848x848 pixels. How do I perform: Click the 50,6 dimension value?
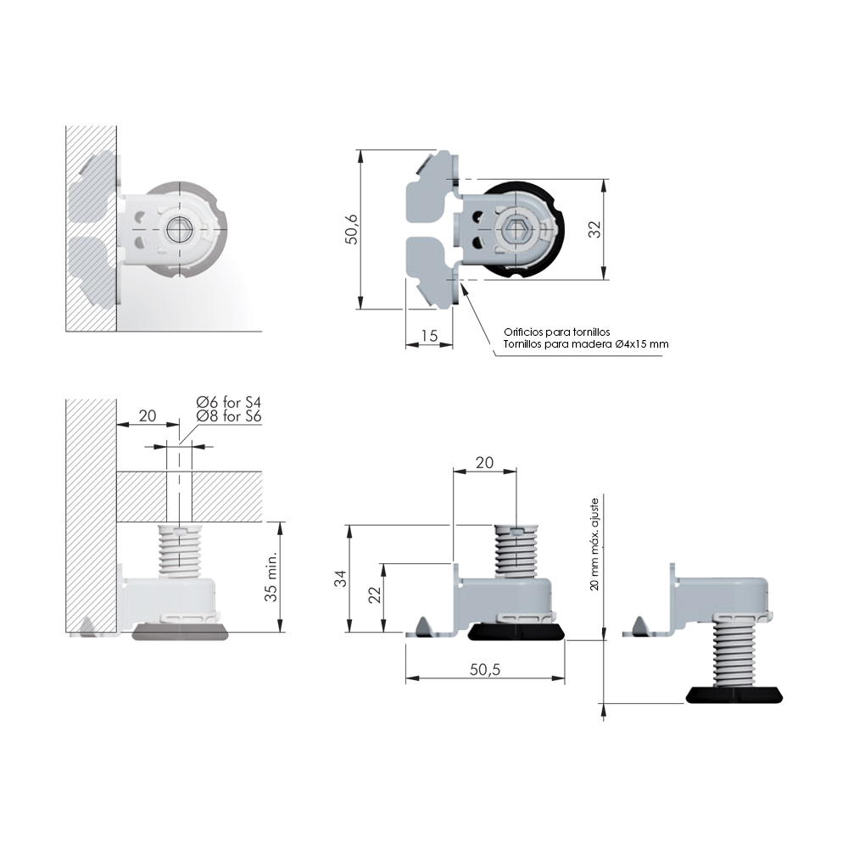pyautogui.click(x=352, y=229)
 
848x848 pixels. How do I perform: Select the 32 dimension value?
pyautogui.click(x=594, y=230)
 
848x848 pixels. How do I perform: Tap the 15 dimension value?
pyautogui.click(x=429, y=336)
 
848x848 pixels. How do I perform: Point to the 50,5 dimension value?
pyautogui.click(x=485, y=670)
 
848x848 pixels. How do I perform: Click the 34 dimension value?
pyautogui.click(x=340, y=579)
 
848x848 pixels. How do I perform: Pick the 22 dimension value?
pyautogui.click(x=375, y=595)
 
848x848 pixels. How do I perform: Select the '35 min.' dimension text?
pyautogui.click(x=271, y=577)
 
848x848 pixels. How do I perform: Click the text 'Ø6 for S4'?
pyautogui.click(x=229, y=402)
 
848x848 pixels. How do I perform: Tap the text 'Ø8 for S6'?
pyautogui.click(x=229, y=416)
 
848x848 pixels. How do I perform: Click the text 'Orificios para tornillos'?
pyautogui.click(x=557, y=332)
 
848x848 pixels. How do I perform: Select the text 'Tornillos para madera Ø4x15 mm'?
pyautogui.click(x=586, y=344)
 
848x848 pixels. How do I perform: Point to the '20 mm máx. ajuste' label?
pyautogui.click(x=595, y=544)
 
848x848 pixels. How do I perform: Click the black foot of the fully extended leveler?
pyautogui.click(x=734, y=695)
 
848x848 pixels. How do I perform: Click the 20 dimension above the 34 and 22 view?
pyautogui.click(x=484, y=462)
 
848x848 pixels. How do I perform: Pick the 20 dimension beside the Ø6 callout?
pyautogui.click(x=147, y=416)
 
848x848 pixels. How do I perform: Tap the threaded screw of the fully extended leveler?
pyautogui.click(x=734, y=650)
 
